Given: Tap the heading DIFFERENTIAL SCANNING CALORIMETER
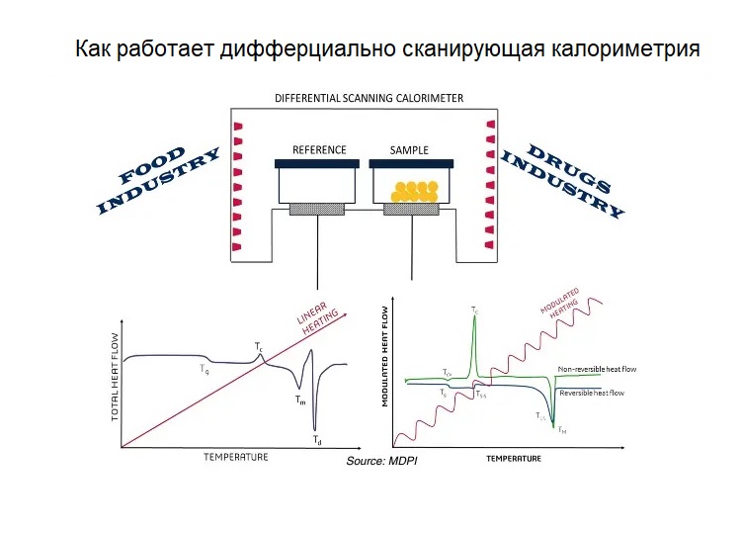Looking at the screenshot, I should point(369,99).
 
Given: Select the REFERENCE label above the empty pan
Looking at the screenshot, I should point(319,150).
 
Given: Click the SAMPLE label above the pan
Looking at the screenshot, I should point(409,150).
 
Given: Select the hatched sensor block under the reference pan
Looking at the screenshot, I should point(317,209).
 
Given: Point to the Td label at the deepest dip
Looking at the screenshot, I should point(315,438).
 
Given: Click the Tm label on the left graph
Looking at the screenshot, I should point(299,400).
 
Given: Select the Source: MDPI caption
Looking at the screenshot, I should point(382,463).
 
